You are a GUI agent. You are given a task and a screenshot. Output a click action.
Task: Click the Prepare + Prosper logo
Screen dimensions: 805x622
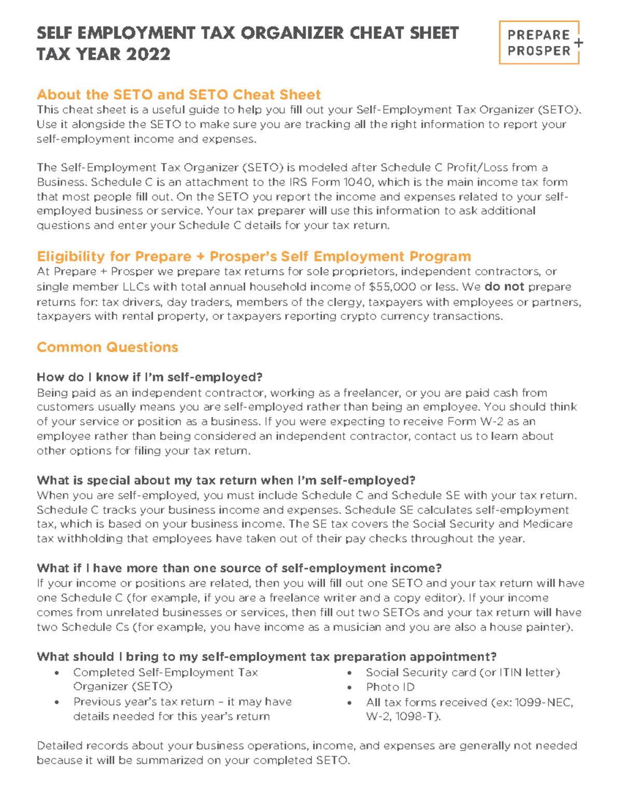tap(539, 43)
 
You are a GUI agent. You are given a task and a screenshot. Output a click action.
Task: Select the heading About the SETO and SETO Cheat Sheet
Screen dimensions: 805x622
tap(179, 95)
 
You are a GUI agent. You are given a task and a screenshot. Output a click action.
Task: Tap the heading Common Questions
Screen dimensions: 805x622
tap(107, 347)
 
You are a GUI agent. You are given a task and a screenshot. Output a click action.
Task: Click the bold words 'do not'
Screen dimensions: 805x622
tap(504, 287)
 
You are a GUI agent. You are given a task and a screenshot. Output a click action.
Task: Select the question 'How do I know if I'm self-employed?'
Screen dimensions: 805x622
tap(150, 377)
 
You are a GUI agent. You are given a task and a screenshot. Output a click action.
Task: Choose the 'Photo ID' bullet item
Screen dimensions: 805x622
tap(390, 687)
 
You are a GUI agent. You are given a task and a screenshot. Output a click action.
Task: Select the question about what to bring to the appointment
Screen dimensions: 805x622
tap(266, 657)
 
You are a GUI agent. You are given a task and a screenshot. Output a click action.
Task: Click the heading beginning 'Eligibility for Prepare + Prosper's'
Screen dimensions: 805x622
tap(254, 257)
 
